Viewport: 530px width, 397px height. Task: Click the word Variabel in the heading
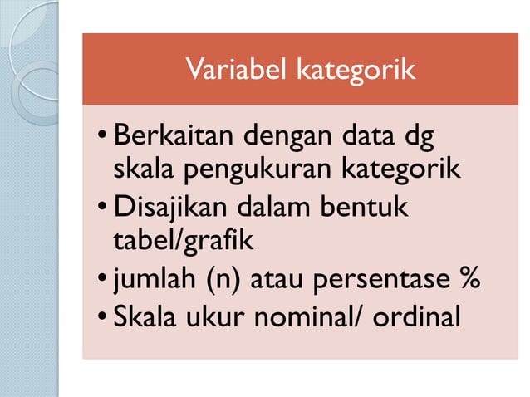[x=228, y=70]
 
